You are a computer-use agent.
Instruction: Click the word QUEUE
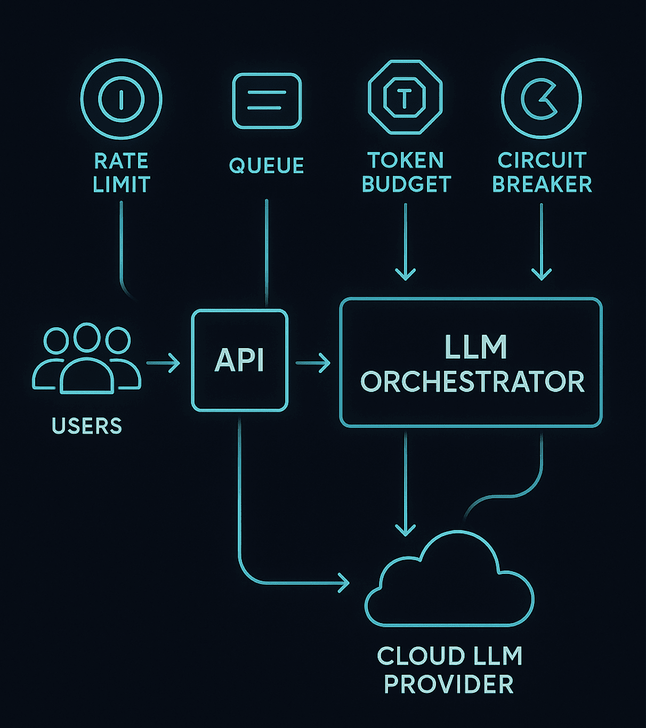(267, 165)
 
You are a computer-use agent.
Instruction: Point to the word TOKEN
(406, 160)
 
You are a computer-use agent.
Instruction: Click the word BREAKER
(542, 184)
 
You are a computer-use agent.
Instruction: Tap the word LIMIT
(122, 184)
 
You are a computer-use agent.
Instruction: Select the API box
(240, 310)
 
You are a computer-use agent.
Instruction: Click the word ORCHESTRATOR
(472, 382)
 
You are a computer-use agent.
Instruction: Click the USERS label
(87, 426)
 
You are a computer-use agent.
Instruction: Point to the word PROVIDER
(449, 684)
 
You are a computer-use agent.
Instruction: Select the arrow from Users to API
(163, 363)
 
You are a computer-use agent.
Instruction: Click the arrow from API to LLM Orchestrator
(313, 363)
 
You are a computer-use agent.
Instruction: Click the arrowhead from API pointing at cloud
(344, 583)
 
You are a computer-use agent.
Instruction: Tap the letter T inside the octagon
(405, 98)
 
